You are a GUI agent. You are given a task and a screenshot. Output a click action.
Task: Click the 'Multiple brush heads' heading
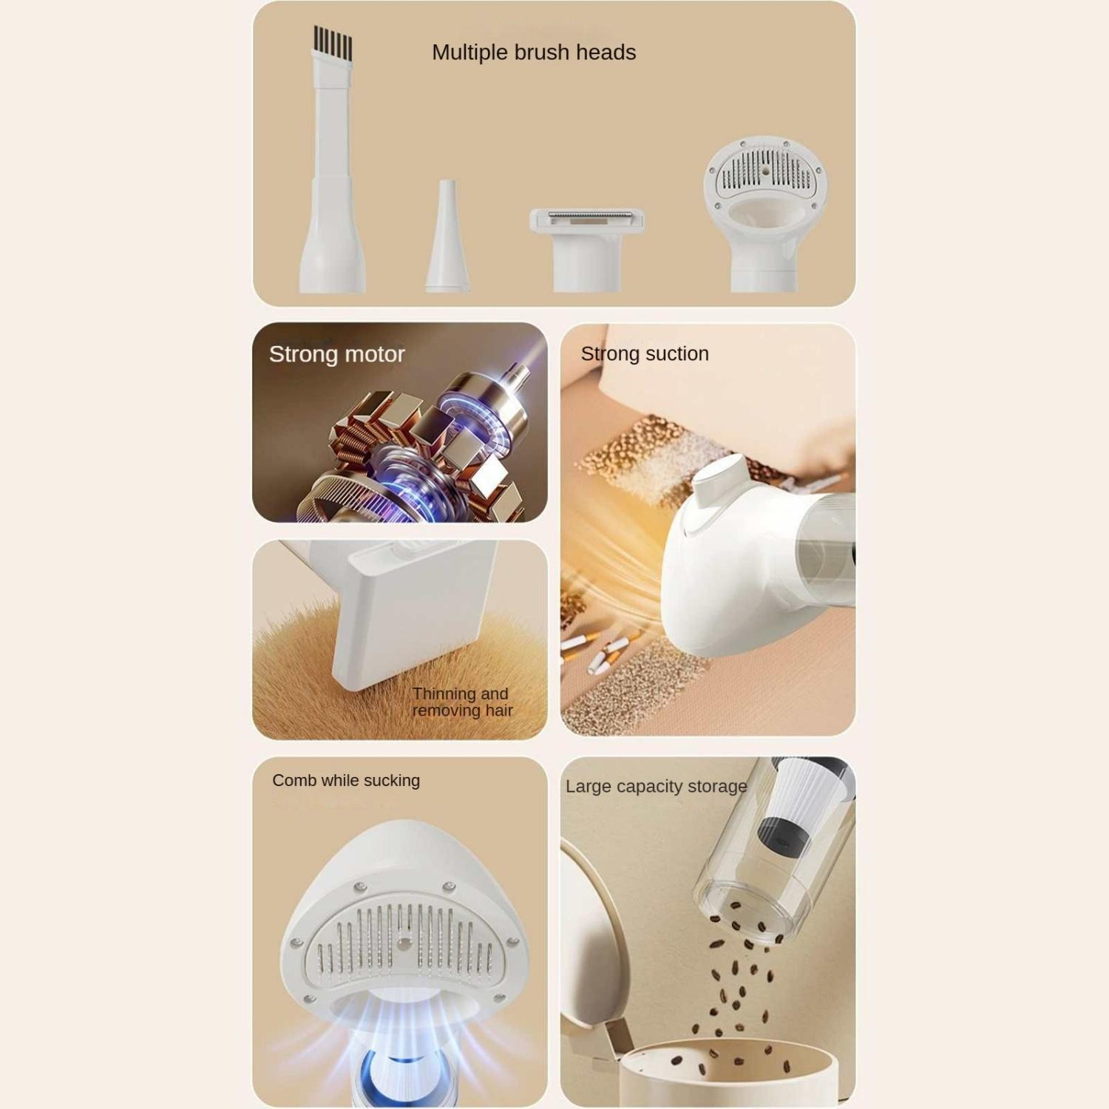(x=534, y=52)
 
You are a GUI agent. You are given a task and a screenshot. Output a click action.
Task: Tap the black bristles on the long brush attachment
(x=333, y=43)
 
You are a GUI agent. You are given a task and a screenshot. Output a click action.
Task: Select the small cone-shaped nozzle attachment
(x=447, y=235)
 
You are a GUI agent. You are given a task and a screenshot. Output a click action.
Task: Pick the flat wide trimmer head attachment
(x=587, y=249)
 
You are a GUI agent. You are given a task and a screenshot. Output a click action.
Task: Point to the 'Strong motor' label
(x=337, y=354)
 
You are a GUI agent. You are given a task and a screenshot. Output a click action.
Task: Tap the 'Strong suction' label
(x=645, y=353)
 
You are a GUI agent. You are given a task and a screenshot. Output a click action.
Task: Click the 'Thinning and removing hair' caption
(x=463, y=702)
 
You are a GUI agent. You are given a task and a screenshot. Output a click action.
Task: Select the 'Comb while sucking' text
(x=346, y=781)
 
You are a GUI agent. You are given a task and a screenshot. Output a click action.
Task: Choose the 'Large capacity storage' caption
(x=657, y=786)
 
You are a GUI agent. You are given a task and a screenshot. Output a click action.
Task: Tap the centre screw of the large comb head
(x=403, y=943)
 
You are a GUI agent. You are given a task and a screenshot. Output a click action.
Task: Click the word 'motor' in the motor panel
(x=374, y=355)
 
